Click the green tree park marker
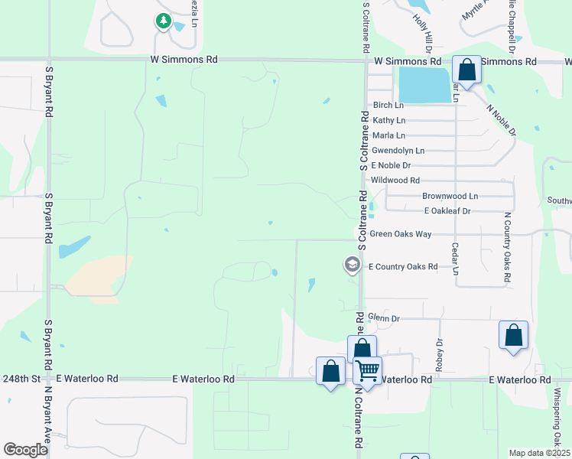point(163,21)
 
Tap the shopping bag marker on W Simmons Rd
point(466,70)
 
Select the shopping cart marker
point(368,371)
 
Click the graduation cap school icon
point(352,265)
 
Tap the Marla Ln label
point(388,135)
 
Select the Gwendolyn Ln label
point(397,151)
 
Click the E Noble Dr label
point(391,165)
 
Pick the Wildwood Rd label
point(395,181)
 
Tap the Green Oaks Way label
point(400,234)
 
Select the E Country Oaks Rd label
point(402,266)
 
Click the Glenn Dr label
point(384,317)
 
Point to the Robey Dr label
point(440,355)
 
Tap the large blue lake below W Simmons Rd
point(424,84)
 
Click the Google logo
point(25,450)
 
